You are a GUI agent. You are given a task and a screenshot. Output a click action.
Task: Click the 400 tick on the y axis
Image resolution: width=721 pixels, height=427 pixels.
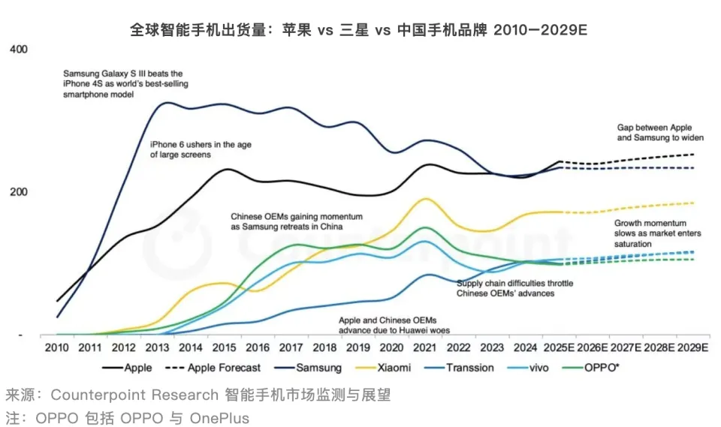tap(18, 50)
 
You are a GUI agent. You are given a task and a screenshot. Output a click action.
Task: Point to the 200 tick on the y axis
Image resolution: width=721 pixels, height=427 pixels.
tap(18, 192)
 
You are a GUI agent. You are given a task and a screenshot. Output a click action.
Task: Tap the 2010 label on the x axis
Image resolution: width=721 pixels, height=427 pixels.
tap(57, 348)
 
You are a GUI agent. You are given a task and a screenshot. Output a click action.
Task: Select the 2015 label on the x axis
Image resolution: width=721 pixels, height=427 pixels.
tap(223, 348)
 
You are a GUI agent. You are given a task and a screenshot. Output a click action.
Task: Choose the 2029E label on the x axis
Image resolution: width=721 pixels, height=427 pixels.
tap(692, 348)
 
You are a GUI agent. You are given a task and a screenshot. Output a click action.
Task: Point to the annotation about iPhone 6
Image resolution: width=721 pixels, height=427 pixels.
tap(201, 149)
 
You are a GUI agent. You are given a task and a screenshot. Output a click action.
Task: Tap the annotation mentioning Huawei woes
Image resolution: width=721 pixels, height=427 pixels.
tap(387, 324)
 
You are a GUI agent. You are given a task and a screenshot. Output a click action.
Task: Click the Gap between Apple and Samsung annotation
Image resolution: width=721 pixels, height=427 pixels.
tap(660, 133)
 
